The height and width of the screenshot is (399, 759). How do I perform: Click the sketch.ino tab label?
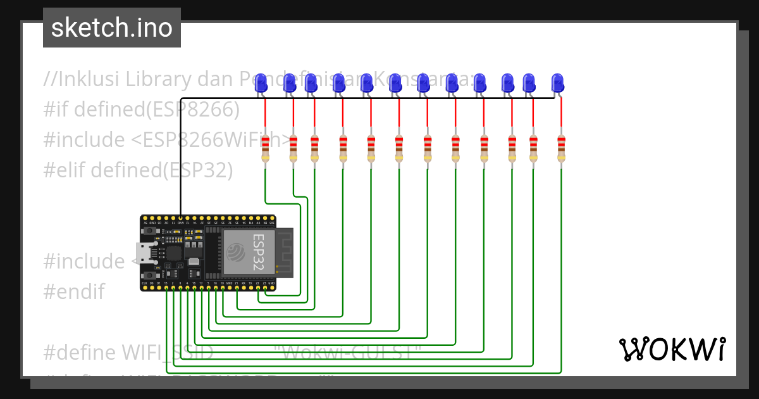(111, 28)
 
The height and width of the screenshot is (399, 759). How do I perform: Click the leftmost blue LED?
(261, 82)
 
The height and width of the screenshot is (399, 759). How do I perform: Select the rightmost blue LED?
(557, 82)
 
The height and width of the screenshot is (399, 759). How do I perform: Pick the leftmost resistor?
(265, 149)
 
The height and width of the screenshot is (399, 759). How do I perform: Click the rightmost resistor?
(561, 149)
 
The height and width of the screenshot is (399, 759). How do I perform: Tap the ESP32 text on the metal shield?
(260, 251)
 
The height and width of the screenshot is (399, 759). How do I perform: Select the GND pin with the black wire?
(181, 217)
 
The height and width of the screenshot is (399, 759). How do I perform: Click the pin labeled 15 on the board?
(166, 288)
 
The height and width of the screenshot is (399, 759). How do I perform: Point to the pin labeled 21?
(237, 288)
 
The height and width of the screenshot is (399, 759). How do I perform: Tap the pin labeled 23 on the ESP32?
(264, 288)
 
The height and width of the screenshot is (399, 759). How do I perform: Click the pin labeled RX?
(244, 288)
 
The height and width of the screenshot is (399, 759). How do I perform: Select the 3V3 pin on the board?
(272, 217)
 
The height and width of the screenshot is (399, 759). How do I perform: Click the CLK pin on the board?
(145, 288)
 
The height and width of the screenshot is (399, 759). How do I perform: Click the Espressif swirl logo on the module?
(235, 251)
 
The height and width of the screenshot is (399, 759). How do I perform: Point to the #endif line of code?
(73, 292)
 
